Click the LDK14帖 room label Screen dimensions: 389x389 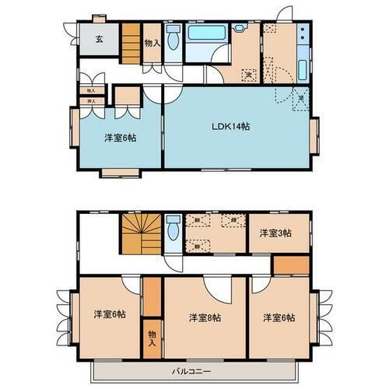pos(233,126)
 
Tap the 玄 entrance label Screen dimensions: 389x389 pos(100,39)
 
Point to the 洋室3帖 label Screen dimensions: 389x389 pos(275,233)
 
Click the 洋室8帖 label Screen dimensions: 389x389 pos(205,317)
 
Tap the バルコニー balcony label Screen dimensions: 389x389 pos(192,370)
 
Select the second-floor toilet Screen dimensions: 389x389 pos(173,228)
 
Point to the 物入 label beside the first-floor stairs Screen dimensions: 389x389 pos(152,44)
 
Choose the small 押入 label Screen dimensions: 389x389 pos(91,101)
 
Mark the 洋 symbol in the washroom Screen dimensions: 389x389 pos(249,75)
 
